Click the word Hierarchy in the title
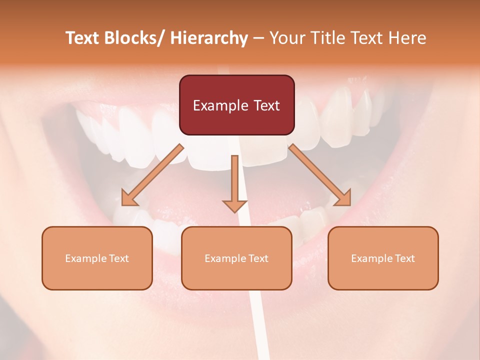point(208,38)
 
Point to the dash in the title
point(258,38)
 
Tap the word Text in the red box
point(265,106)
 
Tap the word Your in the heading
point(287,38)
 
